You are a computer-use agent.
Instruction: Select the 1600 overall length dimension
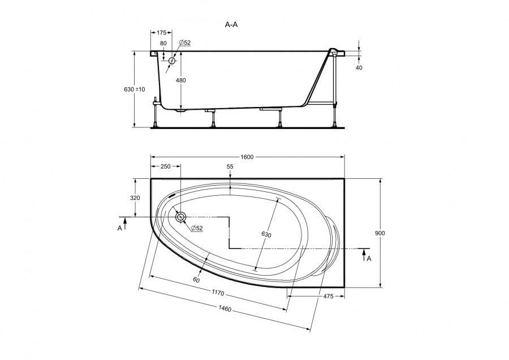pos(246,157)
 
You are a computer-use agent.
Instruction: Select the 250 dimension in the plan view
pos(165,166)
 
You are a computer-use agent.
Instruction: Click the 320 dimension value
pos(135,198)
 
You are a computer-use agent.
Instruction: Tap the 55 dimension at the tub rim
pos(230,167)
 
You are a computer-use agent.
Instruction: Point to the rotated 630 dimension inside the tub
pos(267,234)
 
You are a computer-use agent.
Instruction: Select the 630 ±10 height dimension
pos(135,89)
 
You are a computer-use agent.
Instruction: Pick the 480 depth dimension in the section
pos(180,80)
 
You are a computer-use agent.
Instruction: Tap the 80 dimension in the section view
pos(163,43)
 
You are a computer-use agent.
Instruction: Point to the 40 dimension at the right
pos(359,67)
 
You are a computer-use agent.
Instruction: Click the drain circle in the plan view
pos(181,217)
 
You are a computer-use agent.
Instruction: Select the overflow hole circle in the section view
pos(172,60)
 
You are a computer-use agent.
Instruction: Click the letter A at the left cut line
pos(119,228)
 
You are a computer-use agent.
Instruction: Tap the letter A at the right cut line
pos(369,258)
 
